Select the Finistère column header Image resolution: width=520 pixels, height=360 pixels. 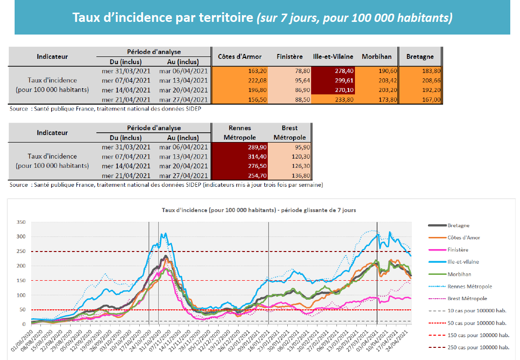tap(290, 57)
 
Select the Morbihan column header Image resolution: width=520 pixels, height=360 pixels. tap(377, 57)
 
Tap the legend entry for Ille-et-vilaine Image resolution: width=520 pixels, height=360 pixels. tap(463, 262)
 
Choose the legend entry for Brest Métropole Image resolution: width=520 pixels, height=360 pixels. tap(467, 298)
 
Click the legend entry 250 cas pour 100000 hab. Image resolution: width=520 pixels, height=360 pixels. tap(478, 347)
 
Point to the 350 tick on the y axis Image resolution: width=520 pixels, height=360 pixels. tap(20, 222)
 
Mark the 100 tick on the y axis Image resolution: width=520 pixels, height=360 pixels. tap(20, 295)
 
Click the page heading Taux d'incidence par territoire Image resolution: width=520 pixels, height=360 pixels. tap(262, 18)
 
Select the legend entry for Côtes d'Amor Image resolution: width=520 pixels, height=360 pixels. tap(464, 237)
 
